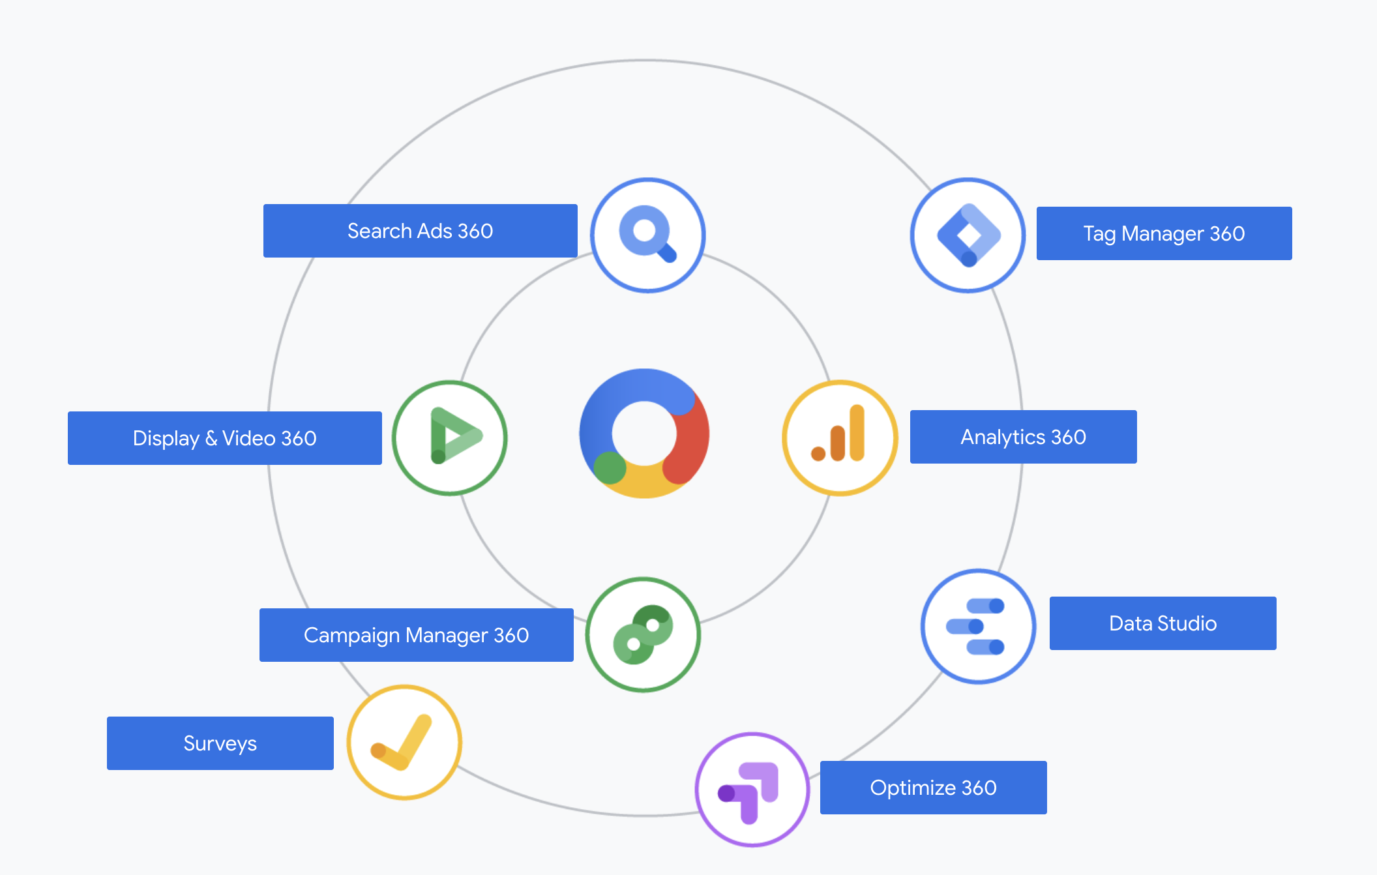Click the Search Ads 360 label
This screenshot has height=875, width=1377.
(420, 231)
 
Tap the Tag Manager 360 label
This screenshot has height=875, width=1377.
(1164, 233)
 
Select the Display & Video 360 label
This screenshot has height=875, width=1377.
(224, 438)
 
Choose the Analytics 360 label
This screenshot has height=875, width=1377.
(1023, 437)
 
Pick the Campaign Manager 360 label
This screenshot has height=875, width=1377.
(416, 635)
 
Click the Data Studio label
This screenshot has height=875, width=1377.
(1162, 623)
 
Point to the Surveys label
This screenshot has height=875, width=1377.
(220, 743)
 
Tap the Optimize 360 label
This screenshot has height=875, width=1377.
(933, 788)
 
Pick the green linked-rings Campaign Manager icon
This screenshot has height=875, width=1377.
(643, 634)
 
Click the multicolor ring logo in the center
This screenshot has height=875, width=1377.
(644, 434)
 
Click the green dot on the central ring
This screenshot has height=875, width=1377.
(610, 467)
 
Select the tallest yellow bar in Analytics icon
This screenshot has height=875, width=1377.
(857, 433)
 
